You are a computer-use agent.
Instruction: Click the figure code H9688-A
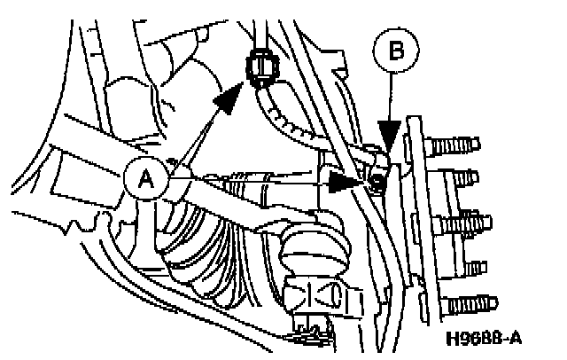point(483,338)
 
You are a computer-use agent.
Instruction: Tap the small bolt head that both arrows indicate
point(376,183)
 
